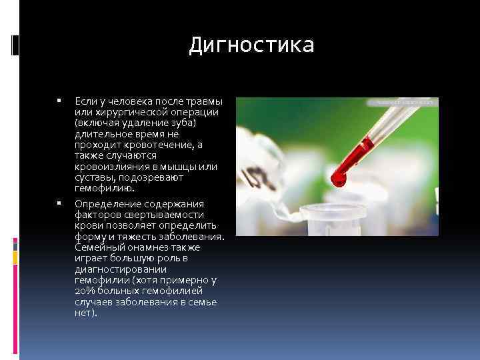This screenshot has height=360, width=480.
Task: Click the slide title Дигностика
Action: tap(251, 45)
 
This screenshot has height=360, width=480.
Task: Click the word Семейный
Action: tap(98, 247)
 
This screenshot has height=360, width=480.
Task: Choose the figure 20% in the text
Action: tap(85, 291)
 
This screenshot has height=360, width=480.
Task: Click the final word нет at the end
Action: tap(84, 313)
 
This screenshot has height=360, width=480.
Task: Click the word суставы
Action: tap(93, 178)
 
